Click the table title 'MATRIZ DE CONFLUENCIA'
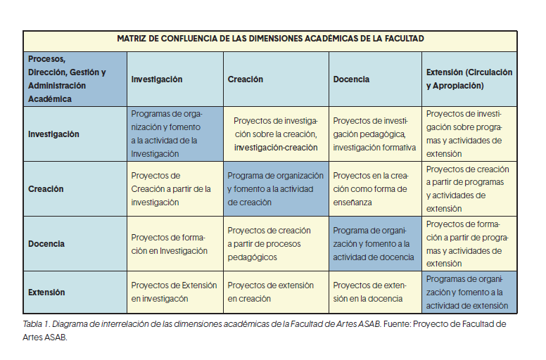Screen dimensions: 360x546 click(270, 39)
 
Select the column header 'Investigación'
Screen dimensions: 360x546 click(157, 79)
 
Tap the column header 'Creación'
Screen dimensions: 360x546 click(246, 79)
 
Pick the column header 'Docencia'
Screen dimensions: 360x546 click(351, 79)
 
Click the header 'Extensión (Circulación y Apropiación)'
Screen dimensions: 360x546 click(469, 79)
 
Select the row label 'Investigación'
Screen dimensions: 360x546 click(53, 134)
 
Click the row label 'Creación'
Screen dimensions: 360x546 click(46, 188)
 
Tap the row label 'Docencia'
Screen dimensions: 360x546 click(46, 243)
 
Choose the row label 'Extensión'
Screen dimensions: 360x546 click(46, 292)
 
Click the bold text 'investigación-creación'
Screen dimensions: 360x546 click(276, 148)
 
